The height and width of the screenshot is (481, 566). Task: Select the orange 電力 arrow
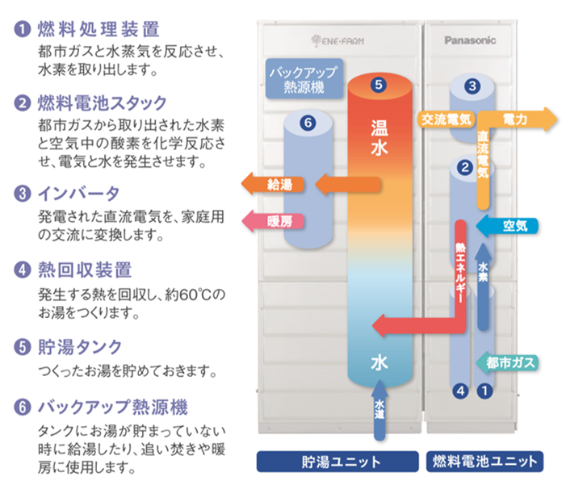pos(521,119)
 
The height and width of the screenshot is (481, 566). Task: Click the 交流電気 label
pos(445,119)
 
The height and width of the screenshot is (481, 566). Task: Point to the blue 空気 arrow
pos(504,225)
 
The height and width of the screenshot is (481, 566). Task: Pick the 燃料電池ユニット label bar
pos(484,461)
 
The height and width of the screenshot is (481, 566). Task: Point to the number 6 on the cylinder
pos(305,123)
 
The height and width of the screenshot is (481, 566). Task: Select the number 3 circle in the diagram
pos(472,86)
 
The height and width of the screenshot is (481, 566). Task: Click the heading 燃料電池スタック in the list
pos(102,102)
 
